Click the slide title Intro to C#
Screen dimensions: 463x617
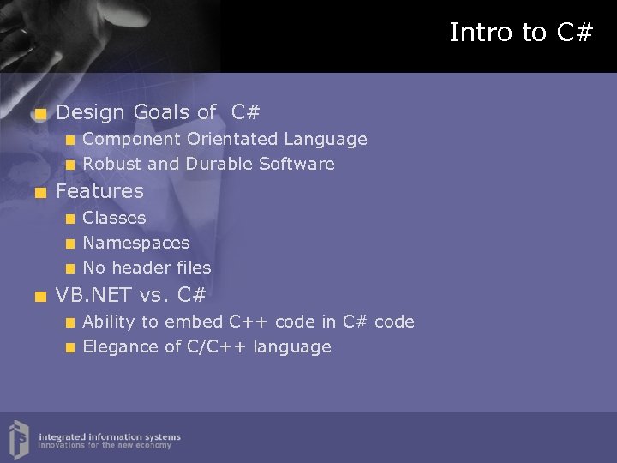pos(521,33)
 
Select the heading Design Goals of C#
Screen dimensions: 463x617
pos(158,112)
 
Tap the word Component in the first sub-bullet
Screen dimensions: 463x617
pos(131,139)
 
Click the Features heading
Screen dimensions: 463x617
pos(99,191)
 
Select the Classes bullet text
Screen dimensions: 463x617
pos(114,219)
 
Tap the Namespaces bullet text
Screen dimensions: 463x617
pos(135,244)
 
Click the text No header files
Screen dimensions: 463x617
pos(147,268)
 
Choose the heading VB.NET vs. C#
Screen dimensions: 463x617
pos(130,296)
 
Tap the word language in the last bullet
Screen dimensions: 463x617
pos(298,347)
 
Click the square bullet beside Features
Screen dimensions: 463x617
pos(39,193)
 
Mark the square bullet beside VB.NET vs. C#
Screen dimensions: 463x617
pos(39,298)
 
